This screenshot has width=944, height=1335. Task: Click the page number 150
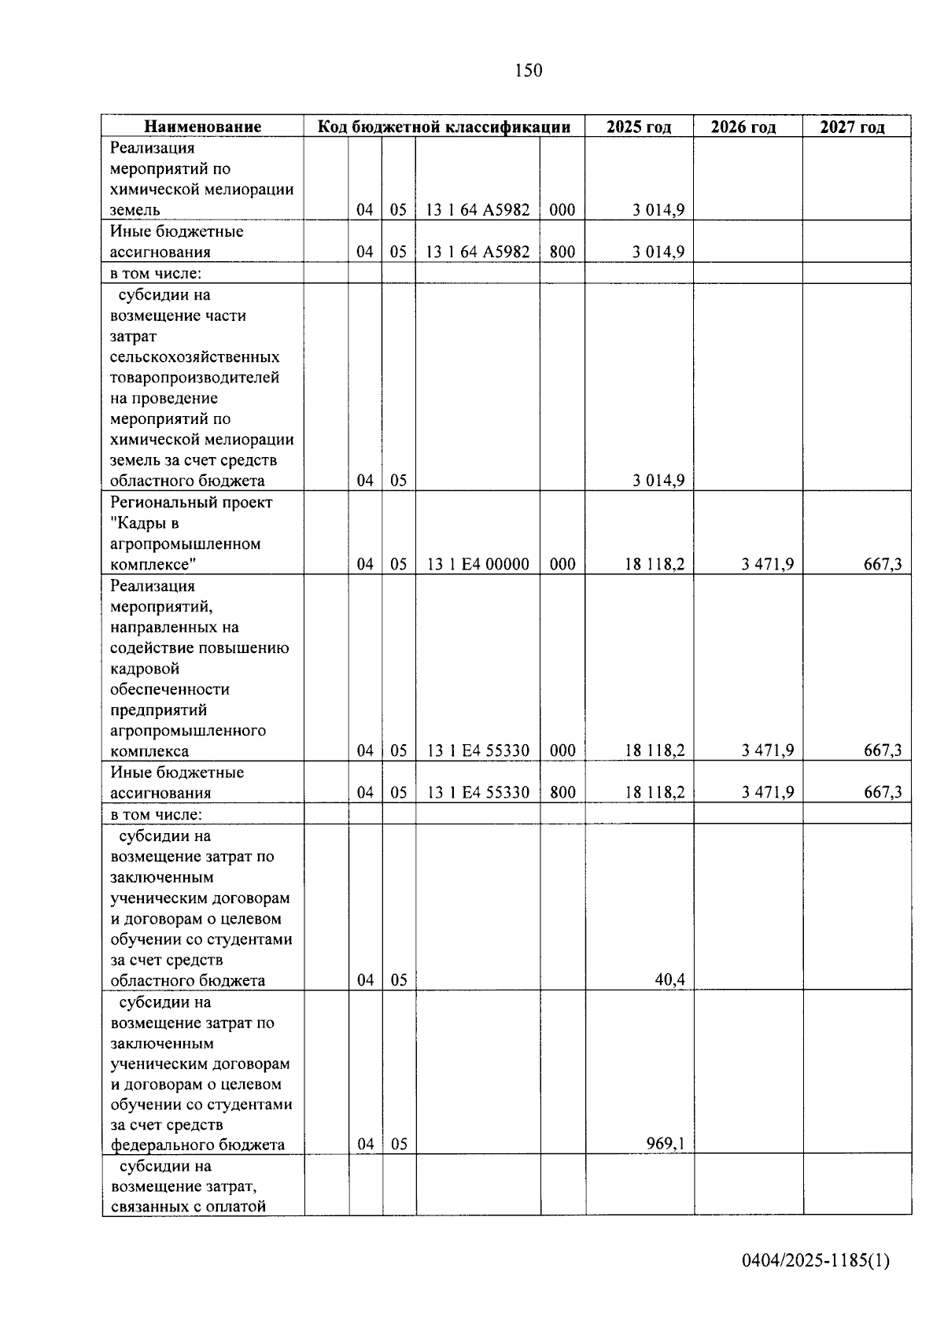pos(528,71)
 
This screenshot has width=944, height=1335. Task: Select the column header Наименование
pos(202,127)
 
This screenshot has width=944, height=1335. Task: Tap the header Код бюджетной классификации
pos(444,127)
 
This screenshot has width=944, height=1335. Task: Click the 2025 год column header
pos(639,127)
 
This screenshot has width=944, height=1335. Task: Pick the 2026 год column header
pos(743,127)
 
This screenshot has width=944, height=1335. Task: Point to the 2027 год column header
pos(852,127)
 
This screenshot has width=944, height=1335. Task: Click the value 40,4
pos(669,979)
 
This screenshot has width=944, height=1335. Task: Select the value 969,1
pos(665,1143)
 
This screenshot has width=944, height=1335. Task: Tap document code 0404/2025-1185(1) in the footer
pos(815,1260)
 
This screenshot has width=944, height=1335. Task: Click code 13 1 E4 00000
pos(478,564)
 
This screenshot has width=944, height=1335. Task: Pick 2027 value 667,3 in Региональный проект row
pos(883,564)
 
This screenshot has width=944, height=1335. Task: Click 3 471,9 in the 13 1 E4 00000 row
pos(767,564)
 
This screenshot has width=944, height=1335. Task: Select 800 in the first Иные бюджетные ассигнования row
pos(562,252)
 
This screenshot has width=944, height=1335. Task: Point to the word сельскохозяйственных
pos(194,357)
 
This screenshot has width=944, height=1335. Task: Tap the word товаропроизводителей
pos(194,378)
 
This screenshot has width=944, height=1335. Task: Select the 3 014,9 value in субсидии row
pos(658,481)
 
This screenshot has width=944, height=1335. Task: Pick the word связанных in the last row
pos(151,1206)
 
